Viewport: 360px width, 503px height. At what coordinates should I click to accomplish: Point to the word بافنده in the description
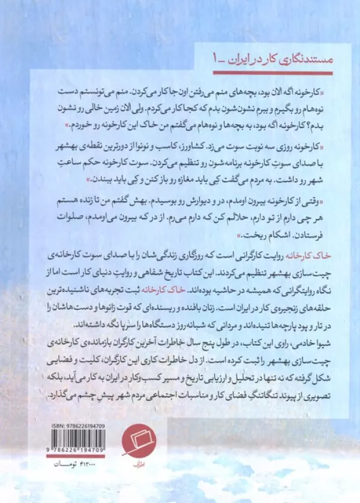coord(193,306)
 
